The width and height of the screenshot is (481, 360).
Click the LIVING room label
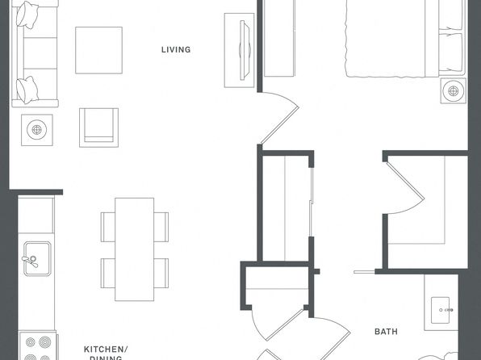176,50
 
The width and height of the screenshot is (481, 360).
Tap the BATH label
386,332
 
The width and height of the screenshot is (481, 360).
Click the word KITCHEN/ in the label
106,350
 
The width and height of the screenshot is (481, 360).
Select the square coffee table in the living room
98,50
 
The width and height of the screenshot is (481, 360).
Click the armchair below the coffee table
98,128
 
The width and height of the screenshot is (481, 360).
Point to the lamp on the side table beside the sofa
37,130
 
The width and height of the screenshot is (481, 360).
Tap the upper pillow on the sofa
27,15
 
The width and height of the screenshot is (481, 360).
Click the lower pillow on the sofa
27,90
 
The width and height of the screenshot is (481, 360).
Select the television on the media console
245,50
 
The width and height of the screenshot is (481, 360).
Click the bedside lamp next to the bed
453,91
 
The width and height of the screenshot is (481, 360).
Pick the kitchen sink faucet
31,261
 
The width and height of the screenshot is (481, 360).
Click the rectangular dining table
134,249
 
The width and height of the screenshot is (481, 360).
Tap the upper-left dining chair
107,227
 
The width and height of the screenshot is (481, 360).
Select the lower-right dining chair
161,273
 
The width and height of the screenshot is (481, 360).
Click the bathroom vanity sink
440,310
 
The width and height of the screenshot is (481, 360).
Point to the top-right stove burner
45,341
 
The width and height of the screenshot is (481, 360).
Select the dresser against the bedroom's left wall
279,38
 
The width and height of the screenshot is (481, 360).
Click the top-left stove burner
30,342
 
